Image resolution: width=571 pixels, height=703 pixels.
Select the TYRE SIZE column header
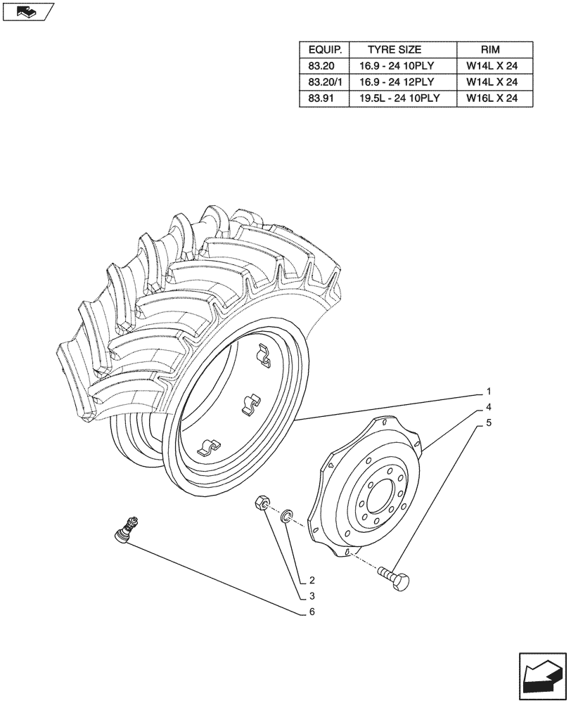tap(394, 50)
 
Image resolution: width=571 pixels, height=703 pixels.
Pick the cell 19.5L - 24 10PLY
tap(399, 98)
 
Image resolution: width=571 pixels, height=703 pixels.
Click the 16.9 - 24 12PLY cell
tap(399, 82)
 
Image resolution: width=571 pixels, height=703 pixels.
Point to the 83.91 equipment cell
tap(321, 98)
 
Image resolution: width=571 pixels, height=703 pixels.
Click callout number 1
tap(488, 392)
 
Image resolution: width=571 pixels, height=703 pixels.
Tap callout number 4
tap(488, 408)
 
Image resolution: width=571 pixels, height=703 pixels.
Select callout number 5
tap(488, 424)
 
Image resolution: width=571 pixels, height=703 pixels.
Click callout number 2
tap(311, 581)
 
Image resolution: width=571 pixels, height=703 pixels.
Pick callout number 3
tap(311, 596)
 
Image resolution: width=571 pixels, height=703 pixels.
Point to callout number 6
tap(311, 612)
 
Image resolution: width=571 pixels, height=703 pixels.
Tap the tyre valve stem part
tap(127, 529)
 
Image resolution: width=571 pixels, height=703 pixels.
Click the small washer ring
tap(286, 518)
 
